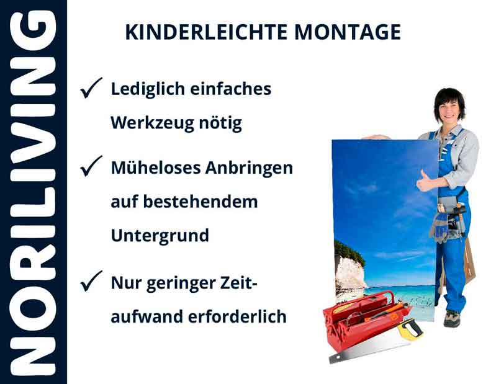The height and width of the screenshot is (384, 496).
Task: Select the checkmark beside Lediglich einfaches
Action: [x=91, y=90]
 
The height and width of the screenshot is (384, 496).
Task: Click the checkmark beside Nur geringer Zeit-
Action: [x=91, y=283]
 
